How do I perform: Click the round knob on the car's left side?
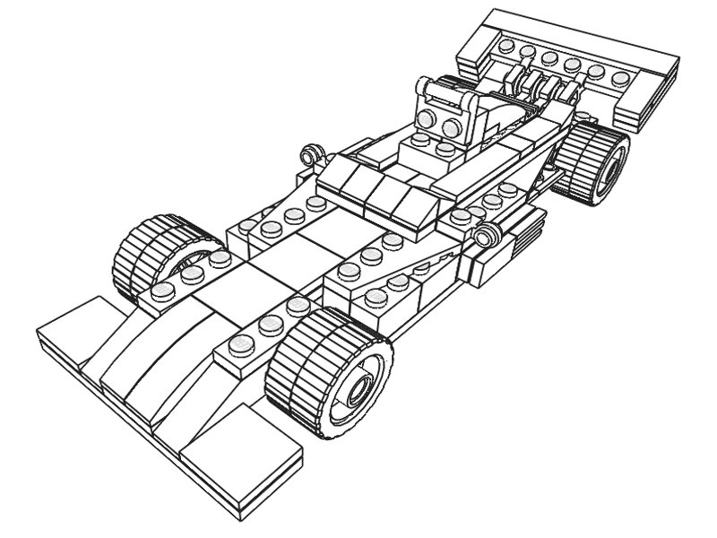311,153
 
